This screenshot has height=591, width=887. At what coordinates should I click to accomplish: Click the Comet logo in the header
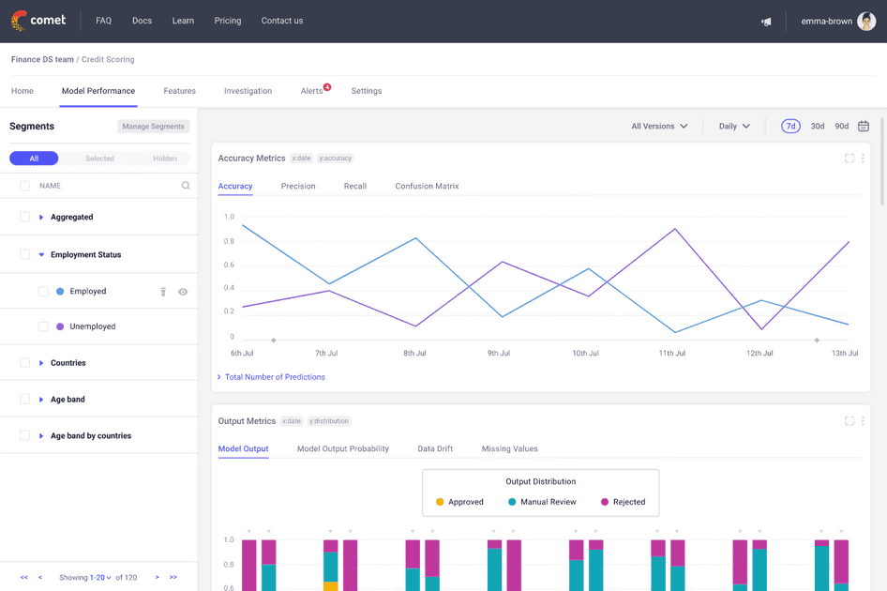[x=38, y=21]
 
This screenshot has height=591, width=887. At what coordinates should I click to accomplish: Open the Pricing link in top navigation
[x=228, y=21]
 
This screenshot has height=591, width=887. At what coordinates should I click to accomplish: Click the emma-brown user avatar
[x=866, y=21]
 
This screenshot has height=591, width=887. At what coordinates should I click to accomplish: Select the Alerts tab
[x=312, y=91]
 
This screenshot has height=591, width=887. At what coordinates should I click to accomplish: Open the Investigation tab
[x=248, y=91]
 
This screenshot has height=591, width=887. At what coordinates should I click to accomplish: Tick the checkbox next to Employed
[x=43, y=292]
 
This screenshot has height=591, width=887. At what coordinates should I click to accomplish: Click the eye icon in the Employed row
[x=183, y=292]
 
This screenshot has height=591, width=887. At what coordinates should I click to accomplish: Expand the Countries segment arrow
[x=41, y=363]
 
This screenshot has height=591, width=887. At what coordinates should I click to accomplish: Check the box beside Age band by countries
[x=25, y=435]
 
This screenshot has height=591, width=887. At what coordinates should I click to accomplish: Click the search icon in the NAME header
[x=186, y=186]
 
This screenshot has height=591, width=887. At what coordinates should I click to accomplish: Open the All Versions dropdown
[x=659, y=126]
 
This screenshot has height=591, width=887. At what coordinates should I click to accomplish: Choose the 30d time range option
[x=818, y=126]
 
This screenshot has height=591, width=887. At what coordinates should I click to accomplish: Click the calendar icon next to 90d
[x=864, y=126]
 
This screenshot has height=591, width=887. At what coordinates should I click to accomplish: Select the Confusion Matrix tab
[x=427, y=186]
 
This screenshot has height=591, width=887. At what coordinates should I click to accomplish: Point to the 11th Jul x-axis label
[x=671, y=354]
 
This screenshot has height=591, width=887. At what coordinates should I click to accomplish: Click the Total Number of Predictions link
[x=275, y=377]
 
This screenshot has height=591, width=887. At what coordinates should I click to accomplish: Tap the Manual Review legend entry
[x=542, y=502]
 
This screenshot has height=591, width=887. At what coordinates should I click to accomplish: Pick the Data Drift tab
[x=435, y=448]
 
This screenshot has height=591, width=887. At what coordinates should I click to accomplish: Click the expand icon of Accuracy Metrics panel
[x=849, y=159]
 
